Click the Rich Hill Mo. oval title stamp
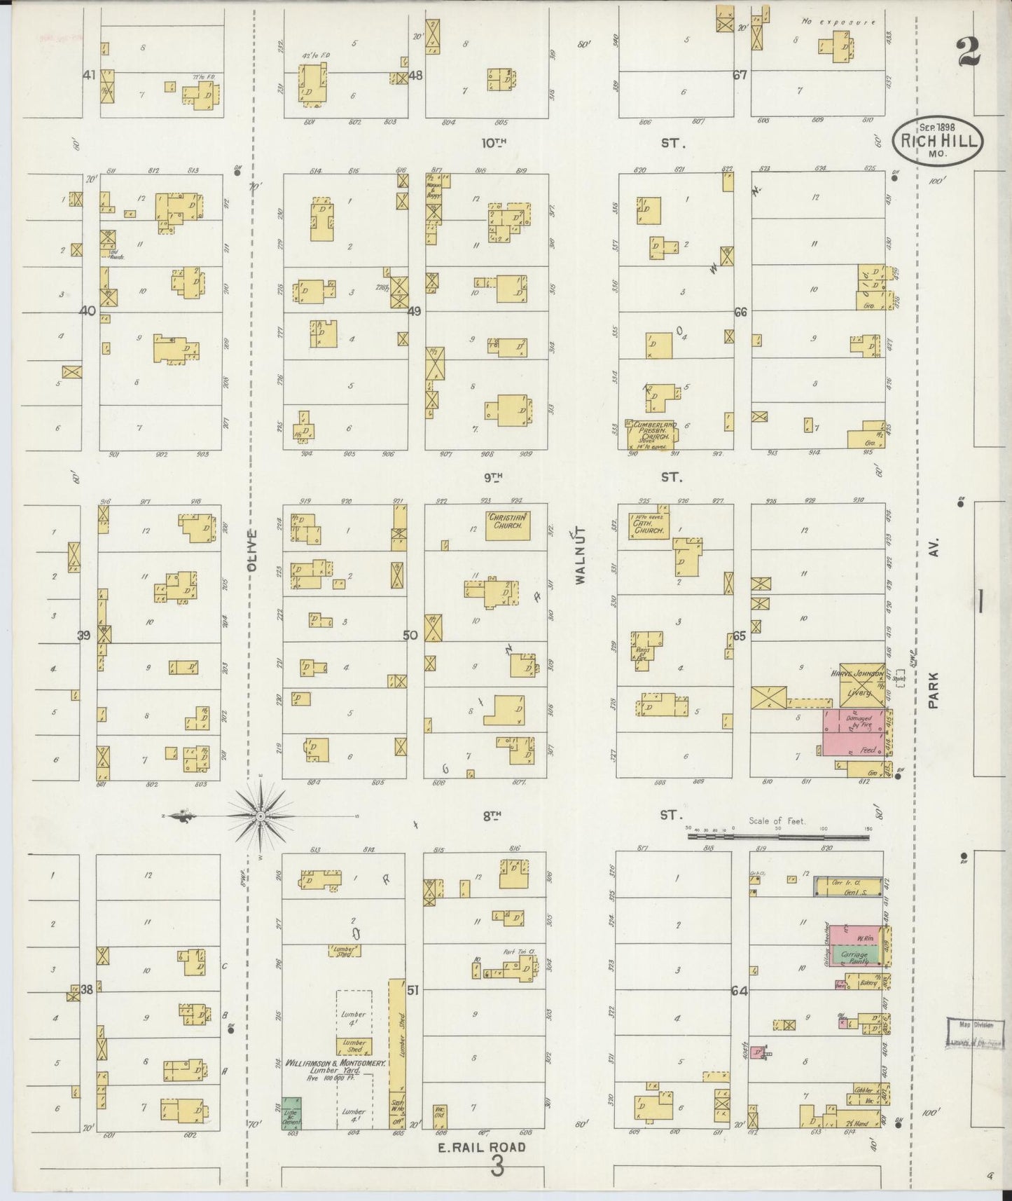pyautogui.click(x=938, y=142)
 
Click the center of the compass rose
pyautogui.click(x=260, y=816)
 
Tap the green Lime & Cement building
pyautogui.click(x=291, y=1113)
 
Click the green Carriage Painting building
pyautogui.click(x=852, y=958)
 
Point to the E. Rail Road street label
pyautogui.click(x=482, y=1148)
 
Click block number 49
pyautogui.click(x=414, y=311)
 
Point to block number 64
pyautogui.click(x=739, y=991)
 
